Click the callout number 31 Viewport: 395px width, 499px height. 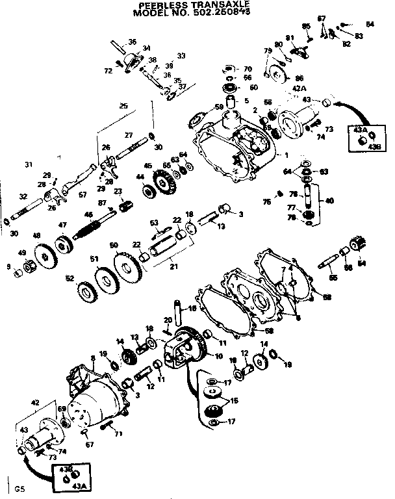28,163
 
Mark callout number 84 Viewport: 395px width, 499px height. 370,24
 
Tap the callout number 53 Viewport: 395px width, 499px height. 154,222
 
